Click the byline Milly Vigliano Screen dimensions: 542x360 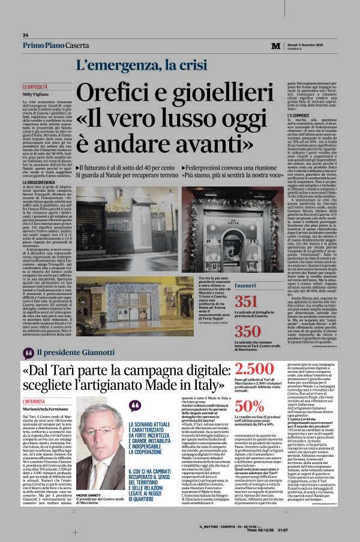36,95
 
